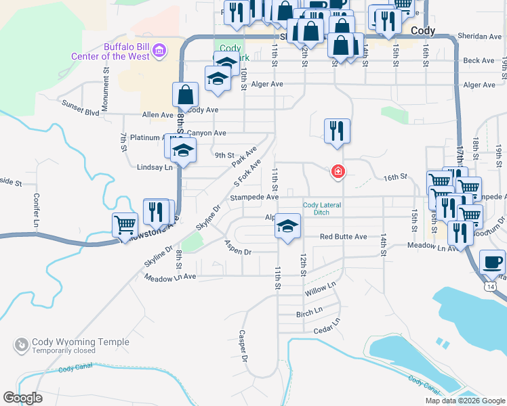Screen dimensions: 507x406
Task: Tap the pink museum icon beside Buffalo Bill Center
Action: pyautogui.click(x=159, y=49)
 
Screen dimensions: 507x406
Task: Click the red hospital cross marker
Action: pyautogui.click(x=337, y=172)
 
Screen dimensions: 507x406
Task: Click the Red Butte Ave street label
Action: pyautogui.click(x=343, y=237)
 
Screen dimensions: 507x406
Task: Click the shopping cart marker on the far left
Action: pyautogui.click(x=125, y=225)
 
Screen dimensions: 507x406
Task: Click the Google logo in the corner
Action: pyautogui.click(x=22, y=398)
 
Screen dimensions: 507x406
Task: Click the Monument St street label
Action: pyautogui.click(x=106, y=80)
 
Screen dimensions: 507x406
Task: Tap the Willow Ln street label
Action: pyautogui.click(x=320, y=290)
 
